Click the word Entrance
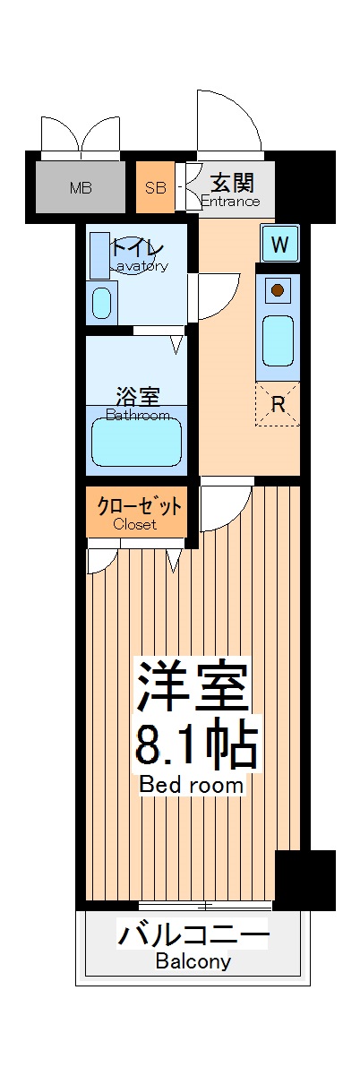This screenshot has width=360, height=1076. point(230,202)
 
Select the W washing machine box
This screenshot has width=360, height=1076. point(280,243)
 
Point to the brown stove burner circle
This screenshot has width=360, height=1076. point(279,290)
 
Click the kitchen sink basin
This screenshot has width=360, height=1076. point(279,340)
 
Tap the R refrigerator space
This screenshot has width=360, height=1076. point(278,404)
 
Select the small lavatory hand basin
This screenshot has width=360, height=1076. point(103,301)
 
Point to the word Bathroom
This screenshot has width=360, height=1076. point(138,416)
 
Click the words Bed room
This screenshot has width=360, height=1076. point(192,785)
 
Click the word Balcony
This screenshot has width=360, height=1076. point(193,962)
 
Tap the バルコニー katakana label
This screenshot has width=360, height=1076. point(193,937)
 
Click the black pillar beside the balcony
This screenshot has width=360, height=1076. point(304,879)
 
